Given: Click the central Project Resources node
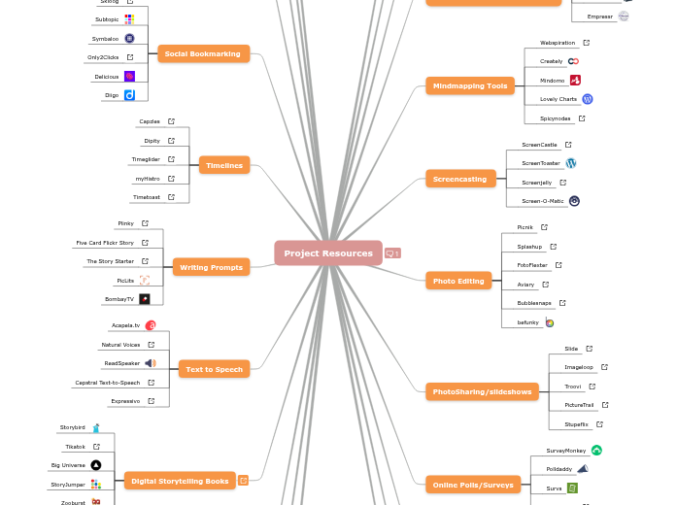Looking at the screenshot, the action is (x=328, y=253).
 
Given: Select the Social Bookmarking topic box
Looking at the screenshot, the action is (x=203, y=53).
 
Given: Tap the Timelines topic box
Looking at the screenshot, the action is (x=224, y=166).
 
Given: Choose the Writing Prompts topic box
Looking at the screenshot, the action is (x=211, y=267).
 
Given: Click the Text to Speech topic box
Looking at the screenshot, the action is (x=215, y=369).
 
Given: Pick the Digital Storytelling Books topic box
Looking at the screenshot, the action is (x=180, y=480).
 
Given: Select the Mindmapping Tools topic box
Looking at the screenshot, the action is (x=470, y=85).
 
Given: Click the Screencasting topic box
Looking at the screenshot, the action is (x=460, y=179).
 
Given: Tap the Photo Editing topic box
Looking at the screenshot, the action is (x=458, y=281).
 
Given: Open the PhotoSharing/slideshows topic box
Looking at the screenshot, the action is (x=482, y=391).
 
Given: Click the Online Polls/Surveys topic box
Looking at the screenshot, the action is (x=472, y=484).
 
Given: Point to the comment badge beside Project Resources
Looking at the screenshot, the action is (x=392, y=253).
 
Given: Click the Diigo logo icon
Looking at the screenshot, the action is (x=129, y=95).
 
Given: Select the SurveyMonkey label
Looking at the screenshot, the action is (x=565, y=451).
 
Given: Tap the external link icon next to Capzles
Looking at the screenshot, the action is (x=171, y=121).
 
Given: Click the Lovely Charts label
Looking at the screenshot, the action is (x=559, y=99).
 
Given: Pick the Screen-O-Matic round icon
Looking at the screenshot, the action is (x=574, y=201).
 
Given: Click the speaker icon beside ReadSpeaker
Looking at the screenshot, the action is (x=151, y=363).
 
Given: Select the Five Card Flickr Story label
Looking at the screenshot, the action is (x=105, y=243).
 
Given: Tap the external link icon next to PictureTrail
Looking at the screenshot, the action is (x=605, y=405).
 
